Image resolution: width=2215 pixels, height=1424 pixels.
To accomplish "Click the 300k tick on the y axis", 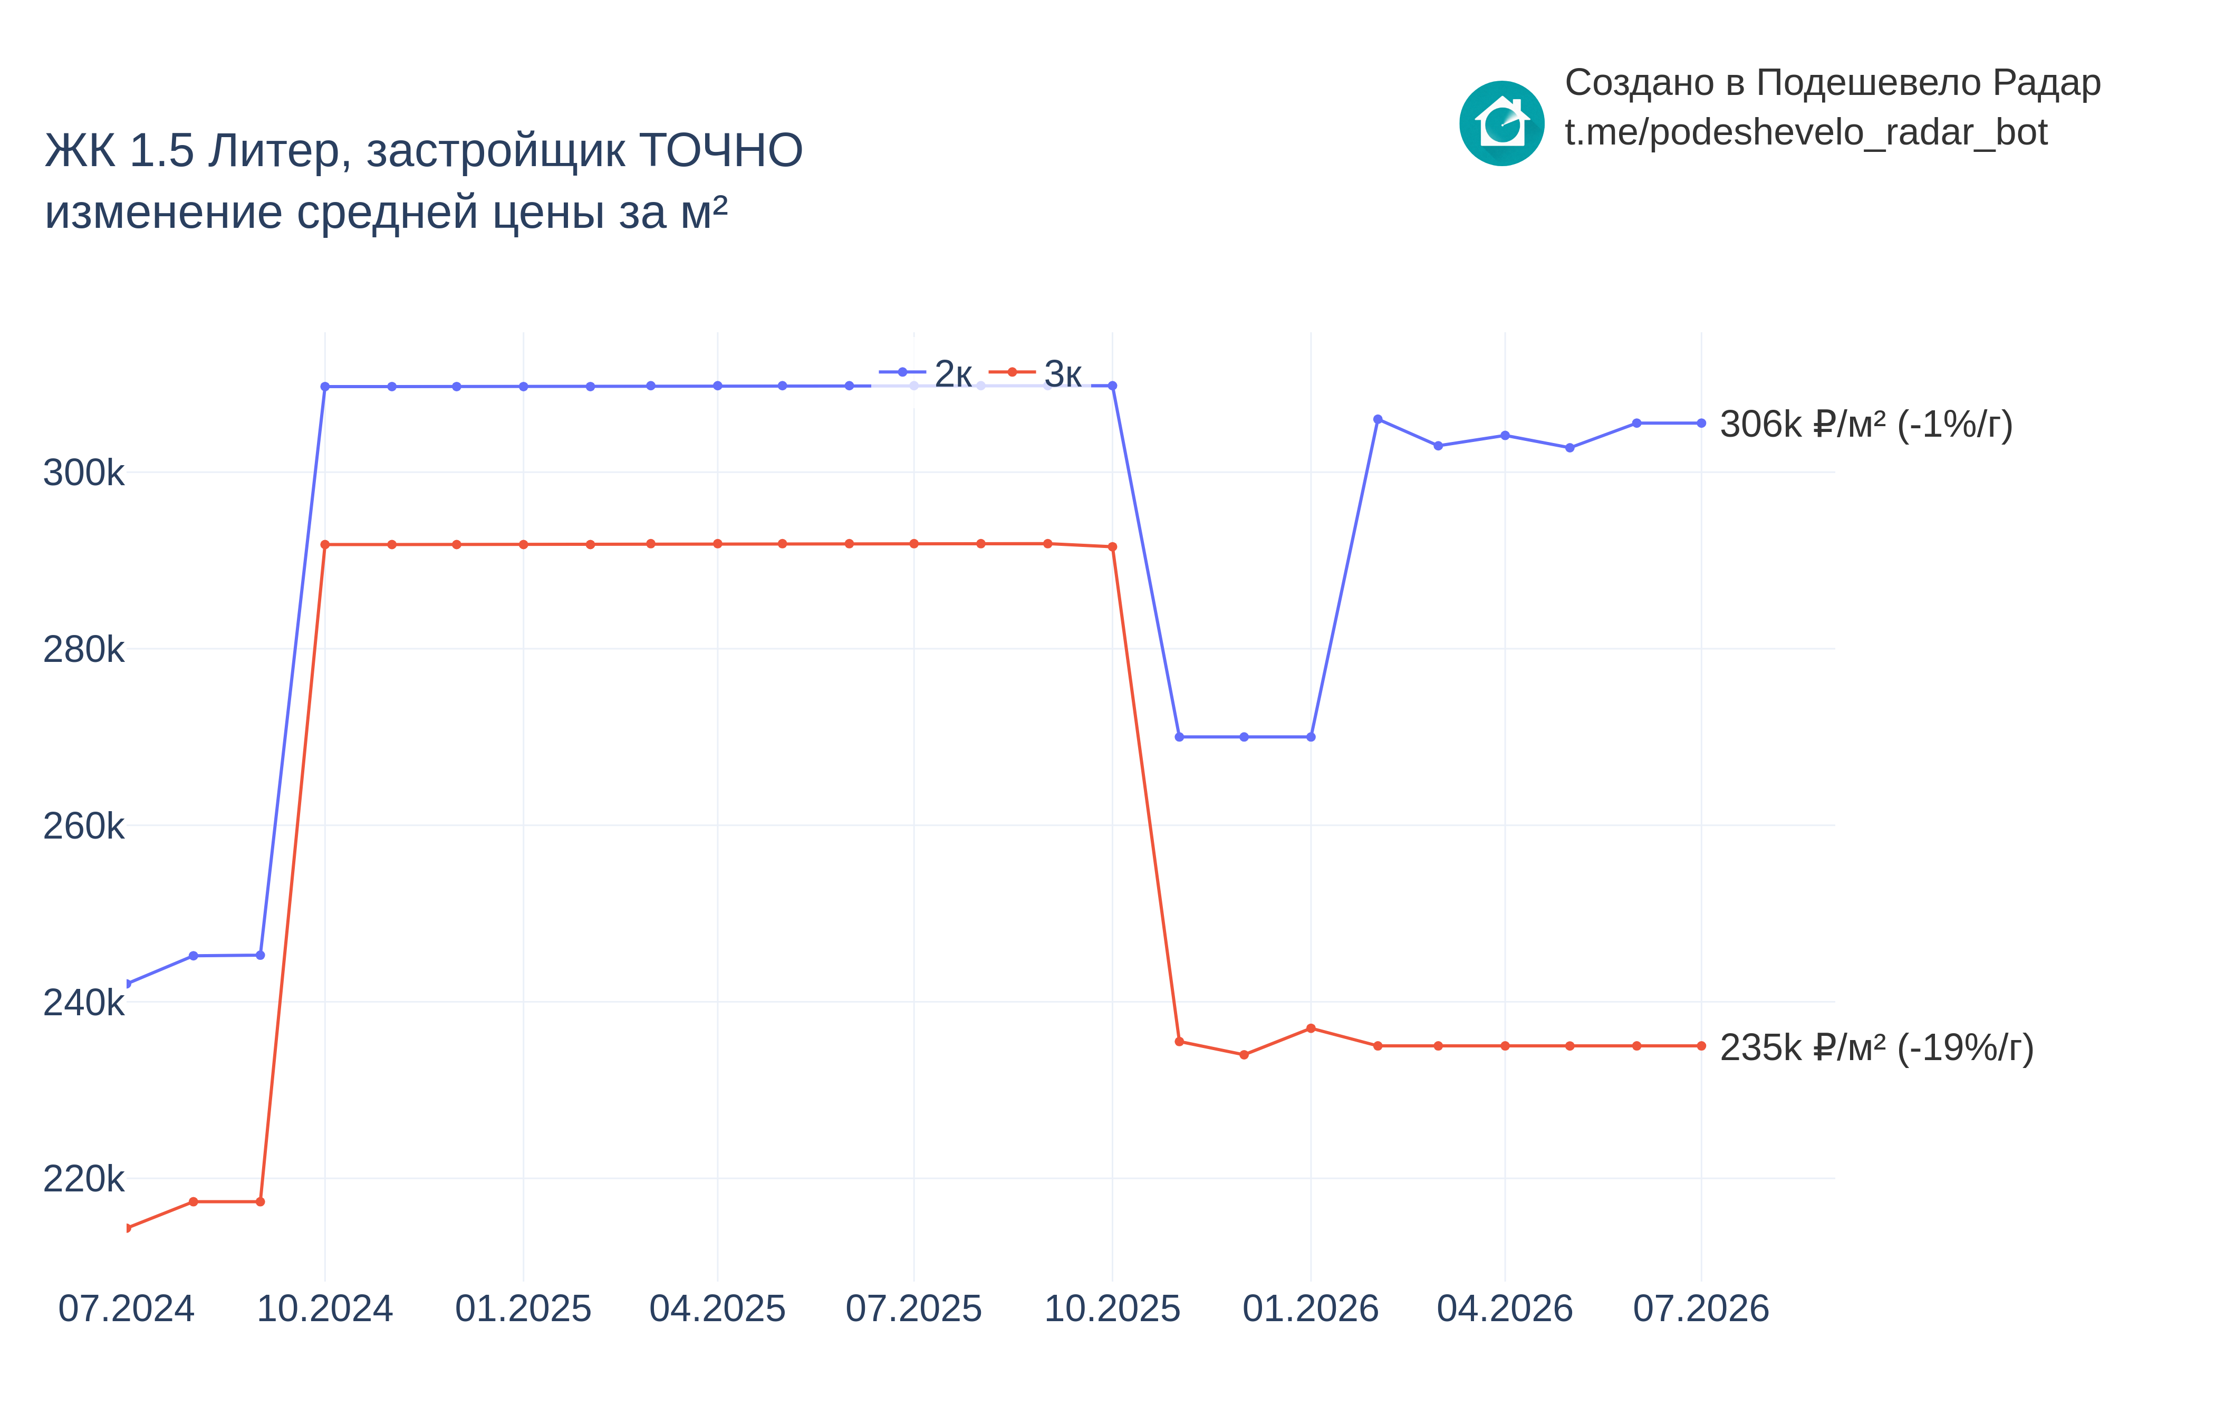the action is coord(83,473).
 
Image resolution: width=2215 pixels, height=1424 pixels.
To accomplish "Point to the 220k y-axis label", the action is coord(83,1179).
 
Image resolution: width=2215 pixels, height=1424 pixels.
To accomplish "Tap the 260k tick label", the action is coord(83,826).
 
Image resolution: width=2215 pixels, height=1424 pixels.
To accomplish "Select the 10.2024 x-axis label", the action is coord(324,1308).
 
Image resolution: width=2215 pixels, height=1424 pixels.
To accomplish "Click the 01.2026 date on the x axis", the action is coord(1310,1308).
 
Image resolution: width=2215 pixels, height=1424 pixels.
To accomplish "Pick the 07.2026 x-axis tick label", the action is coord(1701,1308).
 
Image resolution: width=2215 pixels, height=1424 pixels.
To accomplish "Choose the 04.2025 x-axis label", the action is coord(717,1308).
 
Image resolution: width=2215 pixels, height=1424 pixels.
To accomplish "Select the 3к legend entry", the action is coord(1035,373).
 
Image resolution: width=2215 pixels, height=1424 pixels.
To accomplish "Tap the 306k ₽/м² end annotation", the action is coord(1865,425).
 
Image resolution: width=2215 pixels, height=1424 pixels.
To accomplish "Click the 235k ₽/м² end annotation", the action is coord(1876,1047).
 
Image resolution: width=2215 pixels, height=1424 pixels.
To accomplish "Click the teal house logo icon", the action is coord(1501,123).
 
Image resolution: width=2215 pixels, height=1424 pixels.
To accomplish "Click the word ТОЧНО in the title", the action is coord(721,151).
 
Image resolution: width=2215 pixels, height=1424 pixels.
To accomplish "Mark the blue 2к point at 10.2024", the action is coord(324,387).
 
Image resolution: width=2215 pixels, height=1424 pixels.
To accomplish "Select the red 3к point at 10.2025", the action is coord(1112,546).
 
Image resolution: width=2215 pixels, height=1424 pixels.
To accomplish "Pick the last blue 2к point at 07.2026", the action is coord(1701,424).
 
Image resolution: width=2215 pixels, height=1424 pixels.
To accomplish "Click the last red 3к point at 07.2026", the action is coord(1701,1046).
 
